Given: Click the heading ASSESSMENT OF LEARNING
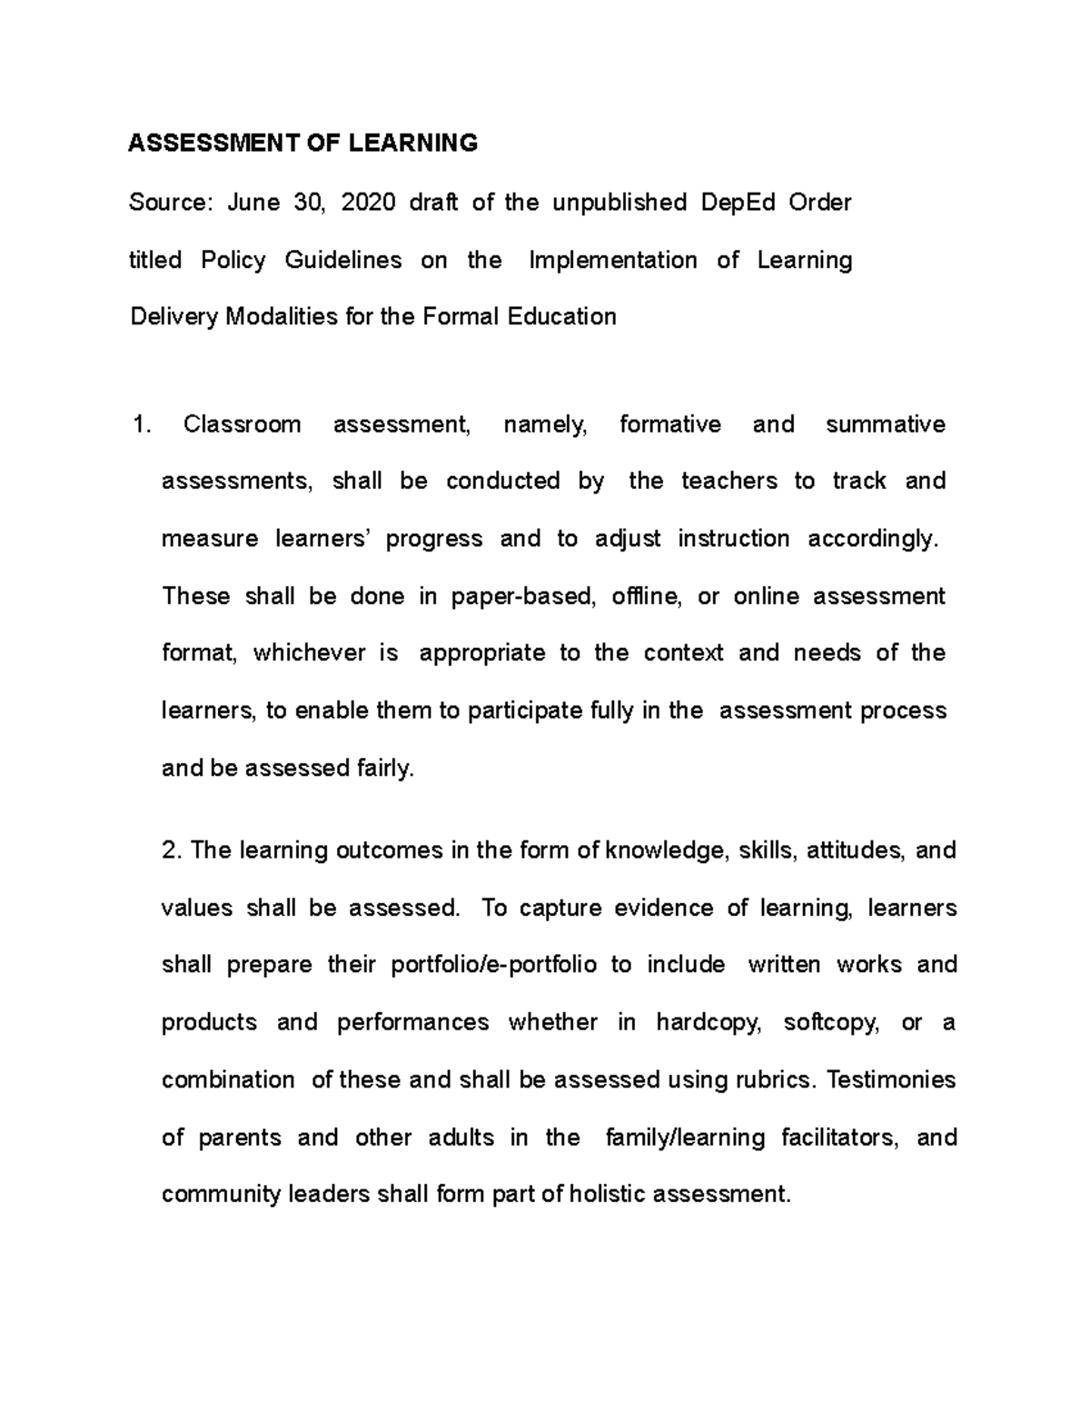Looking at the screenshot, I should point(302,143).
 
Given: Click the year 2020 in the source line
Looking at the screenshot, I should point(368,202).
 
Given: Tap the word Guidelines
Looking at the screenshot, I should point(343,260).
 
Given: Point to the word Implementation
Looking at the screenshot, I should point(613,260).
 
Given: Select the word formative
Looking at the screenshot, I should point(670,424).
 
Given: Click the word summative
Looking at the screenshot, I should point(886,424).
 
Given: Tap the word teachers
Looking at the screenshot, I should point(729,481).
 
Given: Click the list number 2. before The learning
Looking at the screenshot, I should point(173,850).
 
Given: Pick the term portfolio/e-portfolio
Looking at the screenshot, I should point(493,964).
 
